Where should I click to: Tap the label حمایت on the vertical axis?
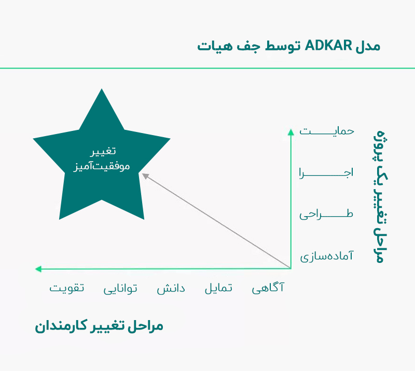pos(327,130)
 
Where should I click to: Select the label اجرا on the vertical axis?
pos(327,173)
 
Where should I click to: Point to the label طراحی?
pos(327,214)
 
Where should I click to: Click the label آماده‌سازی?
pos(327,256)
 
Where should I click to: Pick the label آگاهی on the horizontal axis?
pos(268,288)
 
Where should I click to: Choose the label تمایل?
pos(218,288)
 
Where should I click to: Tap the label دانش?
pos(171,288)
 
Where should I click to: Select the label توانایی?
pos(120,288)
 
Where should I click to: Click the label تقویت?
pos(66,288)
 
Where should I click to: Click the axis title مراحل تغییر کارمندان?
pos(99,326)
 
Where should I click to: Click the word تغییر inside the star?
pos(102,152)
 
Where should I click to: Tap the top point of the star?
pos(102,90)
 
